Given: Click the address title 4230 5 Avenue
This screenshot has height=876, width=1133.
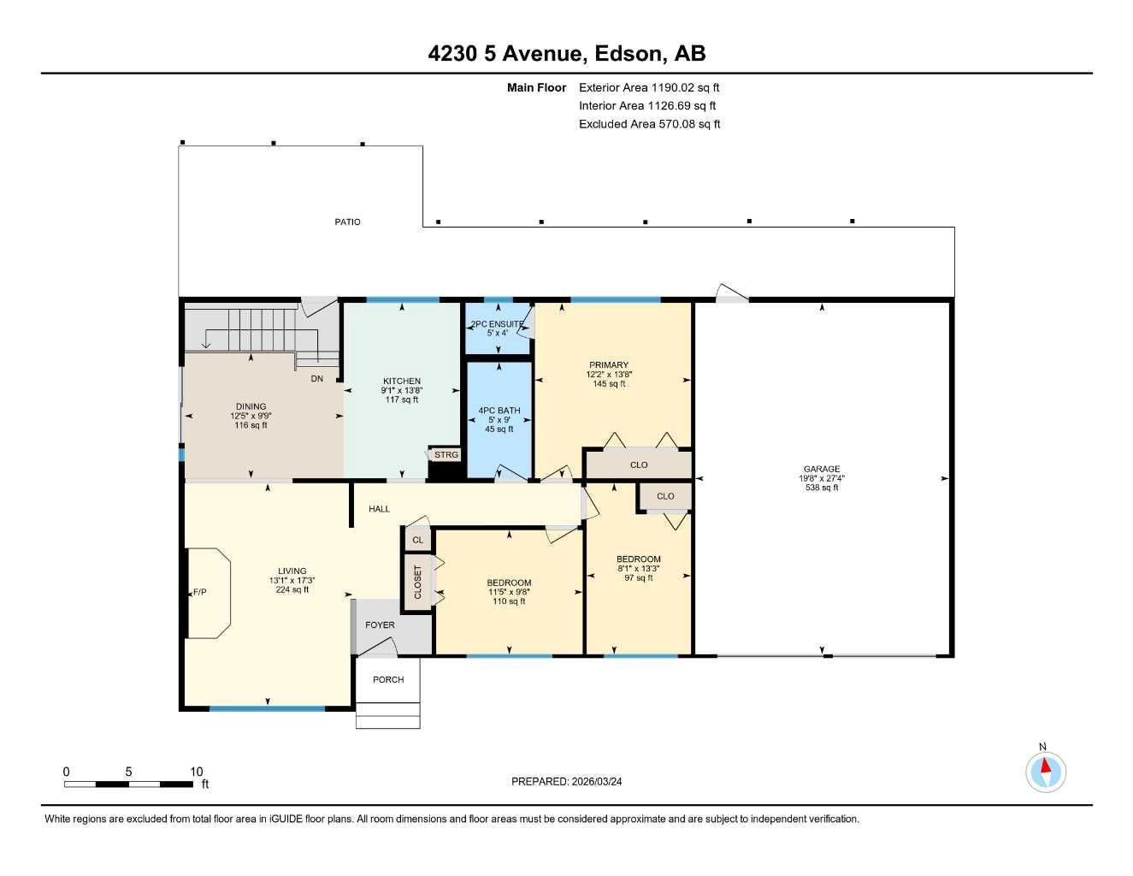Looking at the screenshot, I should pos(566,53).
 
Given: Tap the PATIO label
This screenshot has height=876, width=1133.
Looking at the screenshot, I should pos(347,222).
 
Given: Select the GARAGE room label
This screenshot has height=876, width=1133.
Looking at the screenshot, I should pos(821,469).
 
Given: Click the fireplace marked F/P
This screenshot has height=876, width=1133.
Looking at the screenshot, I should pos(200,592).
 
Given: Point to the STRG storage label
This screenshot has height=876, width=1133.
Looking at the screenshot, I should pos(446,454).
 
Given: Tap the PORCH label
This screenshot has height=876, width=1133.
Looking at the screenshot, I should pos(388,679).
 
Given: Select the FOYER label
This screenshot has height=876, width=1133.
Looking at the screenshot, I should pos(380,624).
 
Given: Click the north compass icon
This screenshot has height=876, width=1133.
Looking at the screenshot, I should pos(1045,772).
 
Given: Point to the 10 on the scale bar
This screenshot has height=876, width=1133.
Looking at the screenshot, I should pos(197,771).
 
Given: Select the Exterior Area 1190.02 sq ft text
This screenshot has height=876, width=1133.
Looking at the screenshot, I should pos(649,87).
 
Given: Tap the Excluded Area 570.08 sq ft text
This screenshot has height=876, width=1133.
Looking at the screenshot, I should pos(649,124).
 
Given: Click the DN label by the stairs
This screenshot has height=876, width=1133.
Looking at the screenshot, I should pos(316,378).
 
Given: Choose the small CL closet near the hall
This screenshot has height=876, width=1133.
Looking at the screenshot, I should pos(417,540).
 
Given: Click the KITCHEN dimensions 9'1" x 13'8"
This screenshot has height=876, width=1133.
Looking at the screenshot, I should pos(401,390).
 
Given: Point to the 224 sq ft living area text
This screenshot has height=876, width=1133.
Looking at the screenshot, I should pos(292,589).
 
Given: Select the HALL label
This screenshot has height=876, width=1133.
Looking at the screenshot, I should pos(379,508).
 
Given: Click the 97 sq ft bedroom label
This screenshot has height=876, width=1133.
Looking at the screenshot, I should pos(638,577).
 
